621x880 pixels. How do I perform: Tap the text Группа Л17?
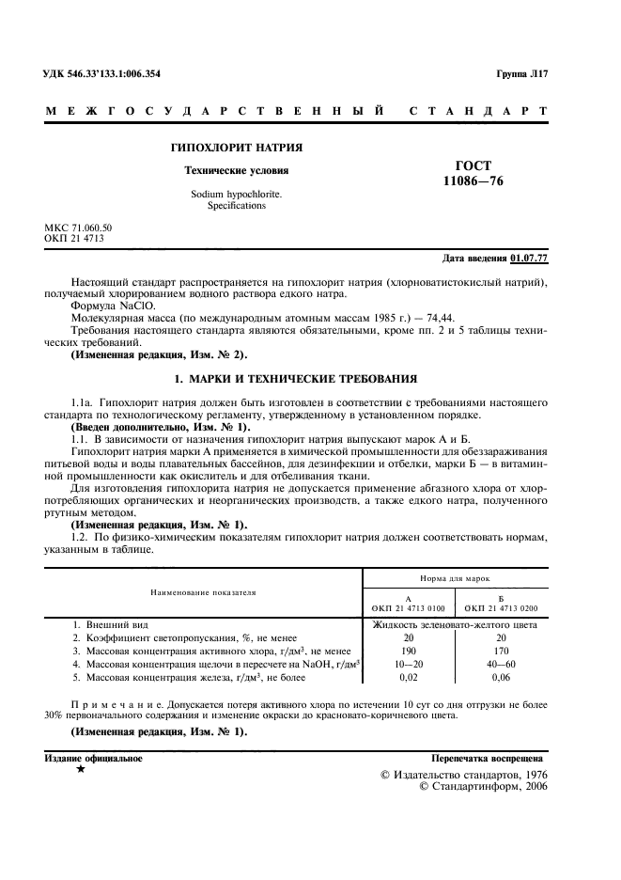point(521,74)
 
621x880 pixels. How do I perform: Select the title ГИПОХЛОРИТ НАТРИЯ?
point(235,149)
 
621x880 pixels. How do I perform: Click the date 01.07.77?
point(529,258)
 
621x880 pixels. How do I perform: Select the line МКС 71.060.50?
point(78,228)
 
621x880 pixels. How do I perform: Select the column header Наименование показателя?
point(204,592)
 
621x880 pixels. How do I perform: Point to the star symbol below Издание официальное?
point(81,770)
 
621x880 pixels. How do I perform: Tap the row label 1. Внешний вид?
point(110,624)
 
